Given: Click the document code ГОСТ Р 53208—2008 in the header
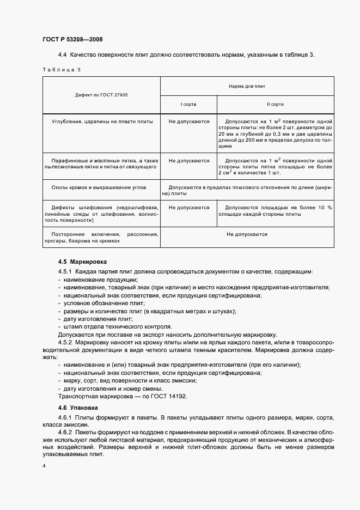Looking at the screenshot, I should pyautogui.click(x=72, y=39).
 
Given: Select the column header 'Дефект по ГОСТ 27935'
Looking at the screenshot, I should pyautogui.click(x=101, y=95).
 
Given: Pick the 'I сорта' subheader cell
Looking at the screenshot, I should pyautogui.click(x=188, y=104).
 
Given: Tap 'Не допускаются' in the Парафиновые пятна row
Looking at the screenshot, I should pyautogui.click(x=188, y=161).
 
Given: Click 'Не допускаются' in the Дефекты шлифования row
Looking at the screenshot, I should pyautogui.click(x=188, y=208).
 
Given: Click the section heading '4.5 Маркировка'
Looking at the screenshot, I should pyautogui.click(x=83, y=262).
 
